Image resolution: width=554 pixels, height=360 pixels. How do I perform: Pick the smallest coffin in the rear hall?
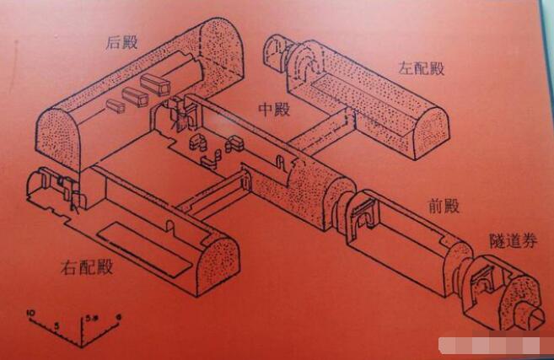click(x=116, y=106)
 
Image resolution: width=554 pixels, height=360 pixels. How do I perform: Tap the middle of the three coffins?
click(x=135, y=96)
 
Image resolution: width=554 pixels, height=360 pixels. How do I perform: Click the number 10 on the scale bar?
click(x=31, y=314)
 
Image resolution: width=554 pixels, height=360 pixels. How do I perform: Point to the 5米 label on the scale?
click(x=94, y=319)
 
